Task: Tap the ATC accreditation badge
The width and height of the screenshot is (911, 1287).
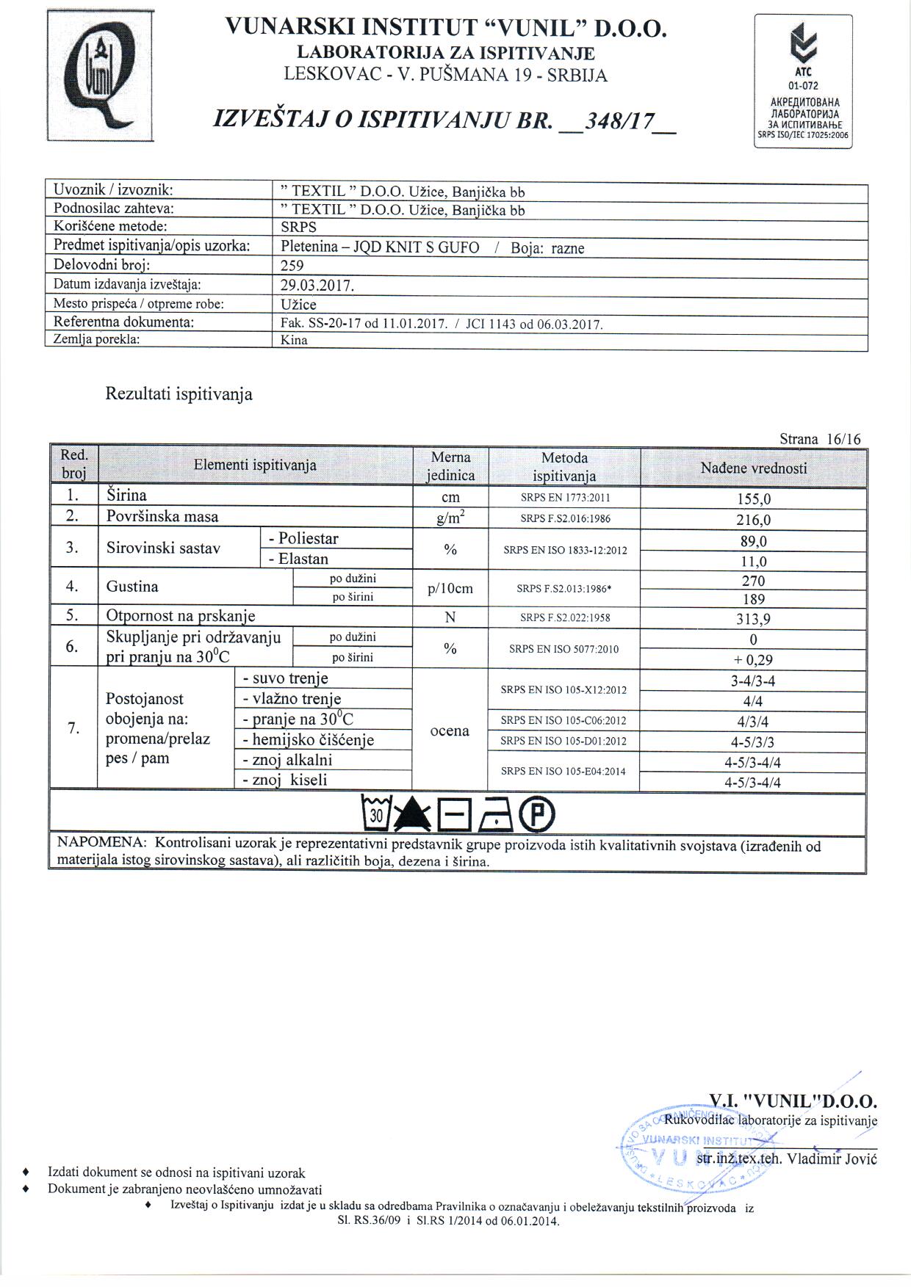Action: [x=804, y=81]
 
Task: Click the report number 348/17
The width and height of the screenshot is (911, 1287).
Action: [x=616, y=121]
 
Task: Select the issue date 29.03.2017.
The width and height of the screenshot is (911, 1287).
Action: [x=317, y=285]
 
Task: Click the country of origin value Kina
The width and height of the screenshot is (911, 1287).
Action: [x=294, y=340]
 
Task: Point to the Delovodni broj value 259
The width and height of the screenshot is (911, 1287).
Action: [x=292, y=266]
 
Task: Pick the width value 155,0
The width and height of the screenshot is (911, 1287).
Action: [x=753, y=499]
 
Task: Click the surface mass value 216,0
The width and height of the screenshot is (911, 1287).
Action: [x=753, y=520]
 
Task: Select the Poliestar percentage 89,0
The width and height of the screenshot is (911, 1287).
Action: [x=753, y=541]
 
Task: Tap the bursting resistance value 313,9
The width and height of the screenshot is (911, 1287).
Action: [x=753, y=619]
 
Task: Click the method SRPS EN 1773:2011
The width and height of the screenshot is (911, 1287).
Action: [x=564, y=498]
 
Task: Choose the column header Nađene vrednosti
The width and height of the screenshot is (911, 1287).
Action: [x=753, y=468]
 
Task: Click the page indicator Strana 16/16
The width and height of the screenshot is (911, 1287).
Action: [x=820, y=439]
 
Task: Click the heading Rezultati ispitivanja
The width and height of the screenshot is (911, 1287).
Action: [x=179, y=394]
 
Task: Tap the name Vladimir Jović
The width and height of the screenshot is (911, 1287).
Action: [x=832, y=1159]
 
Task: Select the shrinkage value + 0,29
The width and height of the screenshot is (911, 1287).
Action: [x=753, y=659]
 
